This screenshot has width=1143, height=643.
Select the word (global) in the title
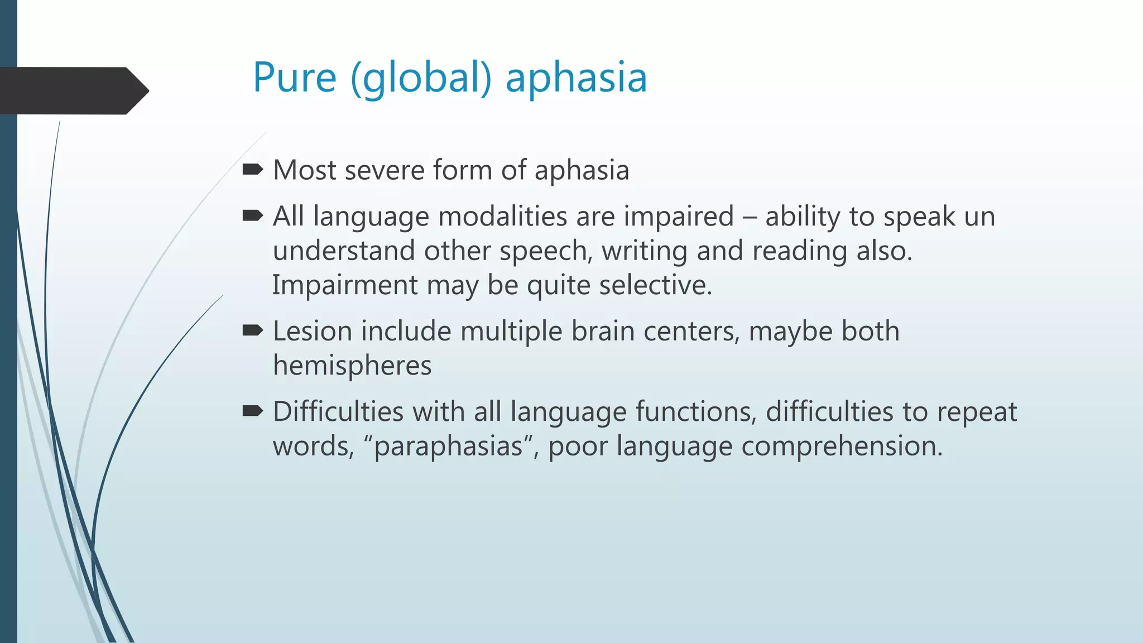[421, 78]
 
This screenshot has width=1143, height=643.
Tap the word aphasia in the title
[576, 78]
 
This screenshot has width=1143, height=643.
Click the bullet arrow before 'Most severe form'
[253, 169]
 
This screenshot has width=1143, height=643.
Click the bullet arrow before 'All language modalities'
[253, 215]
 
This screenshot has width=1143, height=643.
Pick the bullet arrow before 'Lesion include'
[253, 330]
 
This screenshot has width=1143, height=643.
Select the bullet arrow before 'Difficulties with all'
[253, 411]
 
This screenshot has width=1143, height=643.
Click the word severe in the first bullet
[385, 170]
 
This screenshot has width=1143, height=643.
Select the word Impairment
[344, 285]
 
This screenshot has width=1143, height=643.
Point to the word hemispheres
[352, 366]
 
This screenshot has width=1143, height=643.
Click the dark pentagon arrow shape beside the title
[73, 90]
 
